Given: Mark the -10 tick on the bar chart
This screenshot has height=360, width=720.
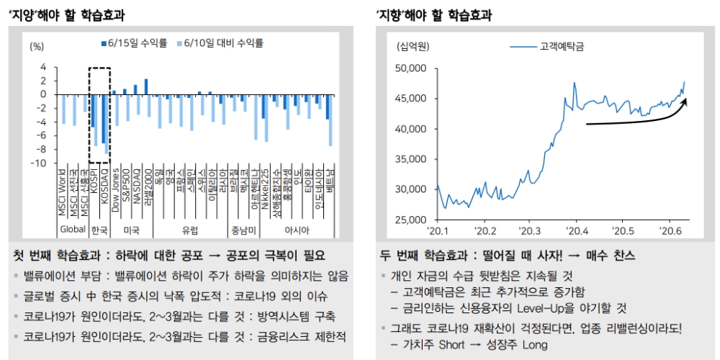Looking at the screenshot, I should [42, 163].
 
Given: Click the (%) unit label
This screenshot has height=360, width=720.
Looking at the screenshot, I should [37, 45].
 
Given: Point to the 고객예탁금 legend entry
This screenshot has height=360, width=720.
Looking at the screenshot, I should [561, 46].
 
